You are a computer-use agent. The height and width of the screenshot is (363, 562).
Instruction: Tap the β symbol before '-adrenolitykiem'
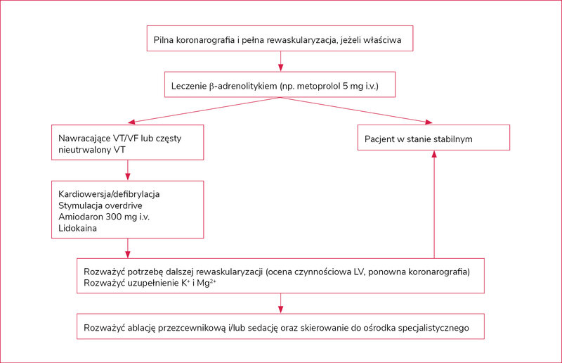211,87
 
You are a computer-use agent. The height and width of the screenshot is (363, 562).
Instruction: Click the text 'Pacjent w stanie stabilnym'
418,139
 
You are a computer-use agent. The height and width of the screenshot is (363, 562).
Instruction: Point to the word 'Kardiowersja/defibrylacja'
109,194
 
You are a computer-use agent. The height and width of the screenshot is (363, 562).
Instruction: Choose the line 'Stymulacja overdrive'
100,205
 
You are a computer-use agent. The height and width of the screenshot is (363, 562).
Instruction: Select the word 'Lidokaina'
77,228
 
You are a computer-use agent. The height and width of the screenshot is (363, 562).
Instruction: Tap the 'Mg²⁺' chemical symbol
207,283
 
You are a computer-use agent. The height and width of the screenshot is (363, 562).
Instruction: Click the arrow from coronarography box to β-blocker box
280,61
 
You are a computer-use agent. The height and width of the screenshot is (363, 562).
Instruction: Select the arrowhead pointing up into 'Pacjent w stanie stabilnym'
434,154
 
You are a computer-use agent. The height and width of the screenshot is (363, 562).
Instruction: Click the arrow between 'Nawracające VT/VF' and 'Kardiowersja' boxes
128,170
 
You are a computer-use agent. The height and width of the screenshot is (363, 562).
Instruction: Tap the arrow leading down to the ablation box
280,303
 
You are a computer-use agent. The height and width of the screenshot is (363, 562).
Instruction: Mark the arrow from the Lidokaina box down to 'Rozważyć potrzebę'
128,248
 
